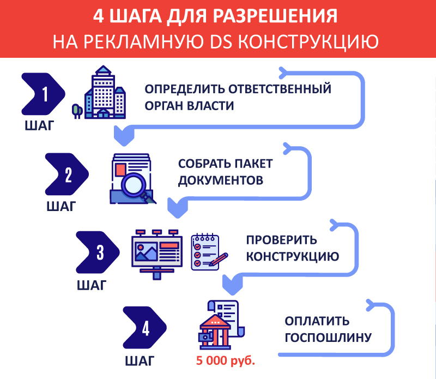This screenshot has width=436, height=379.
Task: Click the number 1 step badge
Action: click(44, 94)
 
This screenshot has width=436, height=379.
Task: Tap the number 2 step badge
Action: click(67, 175)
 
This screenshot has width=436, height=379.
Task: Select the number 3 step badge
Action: click(98, 252)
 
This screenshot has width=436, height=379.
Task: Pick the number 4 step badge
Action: click(145, 329)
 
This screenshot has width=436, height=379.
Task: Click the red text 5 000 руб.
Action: click(226, 361)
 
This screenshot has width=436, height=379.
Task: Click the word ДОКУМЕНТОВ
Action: click(221, 180)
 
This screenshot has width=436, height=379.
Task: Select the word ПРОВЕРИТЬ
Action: click(281, 240)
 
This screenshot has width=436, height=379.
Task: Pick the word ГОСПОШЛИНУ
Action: click(328, 338)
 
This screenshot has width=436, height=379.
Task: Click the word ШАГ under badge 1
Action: click(39, 127)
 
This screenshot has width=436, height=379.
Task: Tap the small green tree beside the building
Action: click(77, 111)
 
